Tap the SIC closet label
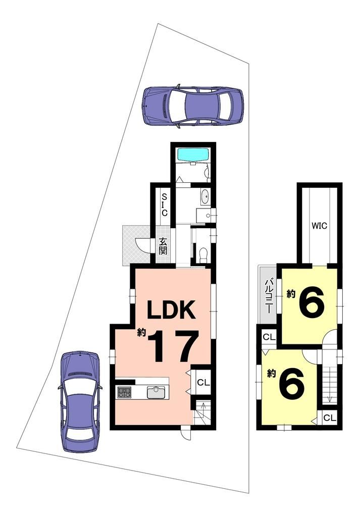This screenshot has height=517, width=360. [164, 205]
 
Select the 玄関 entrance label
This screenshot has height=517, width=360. [163, 246]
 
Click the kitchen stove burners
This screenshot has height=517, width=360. [124, 392]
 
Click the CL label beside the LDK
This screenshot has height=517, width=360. [203, 383]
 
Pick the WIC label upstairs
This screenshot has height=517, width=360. [320, 226]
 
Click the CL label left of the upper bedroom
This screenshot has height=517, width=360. [269, 337]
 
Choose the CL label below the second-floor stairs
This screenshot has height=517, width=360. [330, 418]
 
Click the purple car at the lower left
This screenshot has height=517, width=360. [79, 401]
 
